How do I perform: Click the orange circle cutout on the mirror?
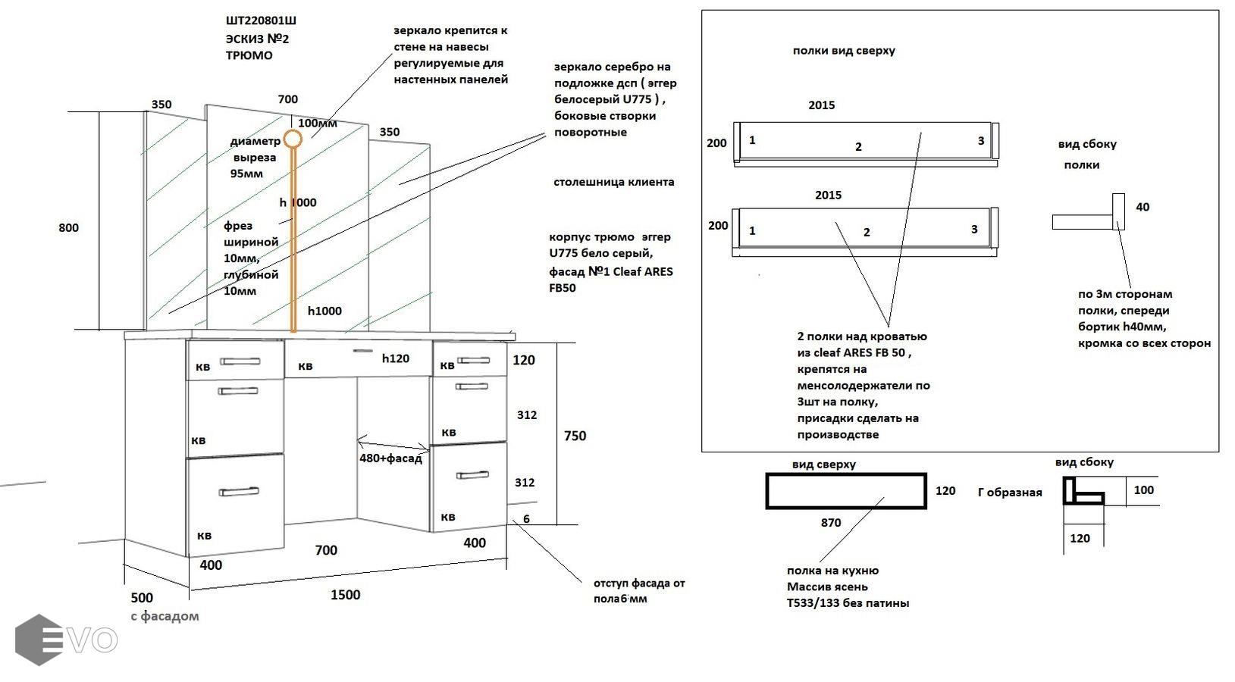[293, 139]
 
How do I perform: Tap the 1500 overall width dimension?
[345, 595]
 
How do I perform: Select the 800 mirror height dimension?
[68, 227]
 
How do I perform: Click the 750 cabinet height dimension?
[575, 436]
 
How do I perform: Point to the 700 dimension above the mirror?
[288, 99]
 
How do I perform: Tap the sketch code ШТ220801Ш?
[261, 21]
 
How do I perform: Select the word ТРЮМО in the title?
[249, 55]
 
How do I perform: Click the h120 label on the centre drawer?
[395, 358]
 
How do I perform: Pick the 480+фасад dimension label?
[390, 458]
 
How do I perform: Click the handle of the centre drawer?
[363, 351]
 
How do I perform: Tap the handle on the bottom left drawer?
[239, 492]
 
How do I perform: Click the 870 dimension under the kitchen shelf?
[830, 522]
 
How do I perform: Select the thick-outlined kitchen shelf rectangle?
[845, 490]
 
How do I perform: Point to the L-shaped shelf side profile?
[1083, 491]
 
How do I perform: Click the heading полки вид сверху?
[844, 51]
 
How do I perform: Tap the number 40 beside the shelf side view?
[1143, 207]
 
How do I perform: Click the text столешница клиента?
[613, 182]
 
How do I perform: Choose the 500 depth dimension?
[142, 598]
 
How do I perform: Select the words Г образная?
[1010, 493]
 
